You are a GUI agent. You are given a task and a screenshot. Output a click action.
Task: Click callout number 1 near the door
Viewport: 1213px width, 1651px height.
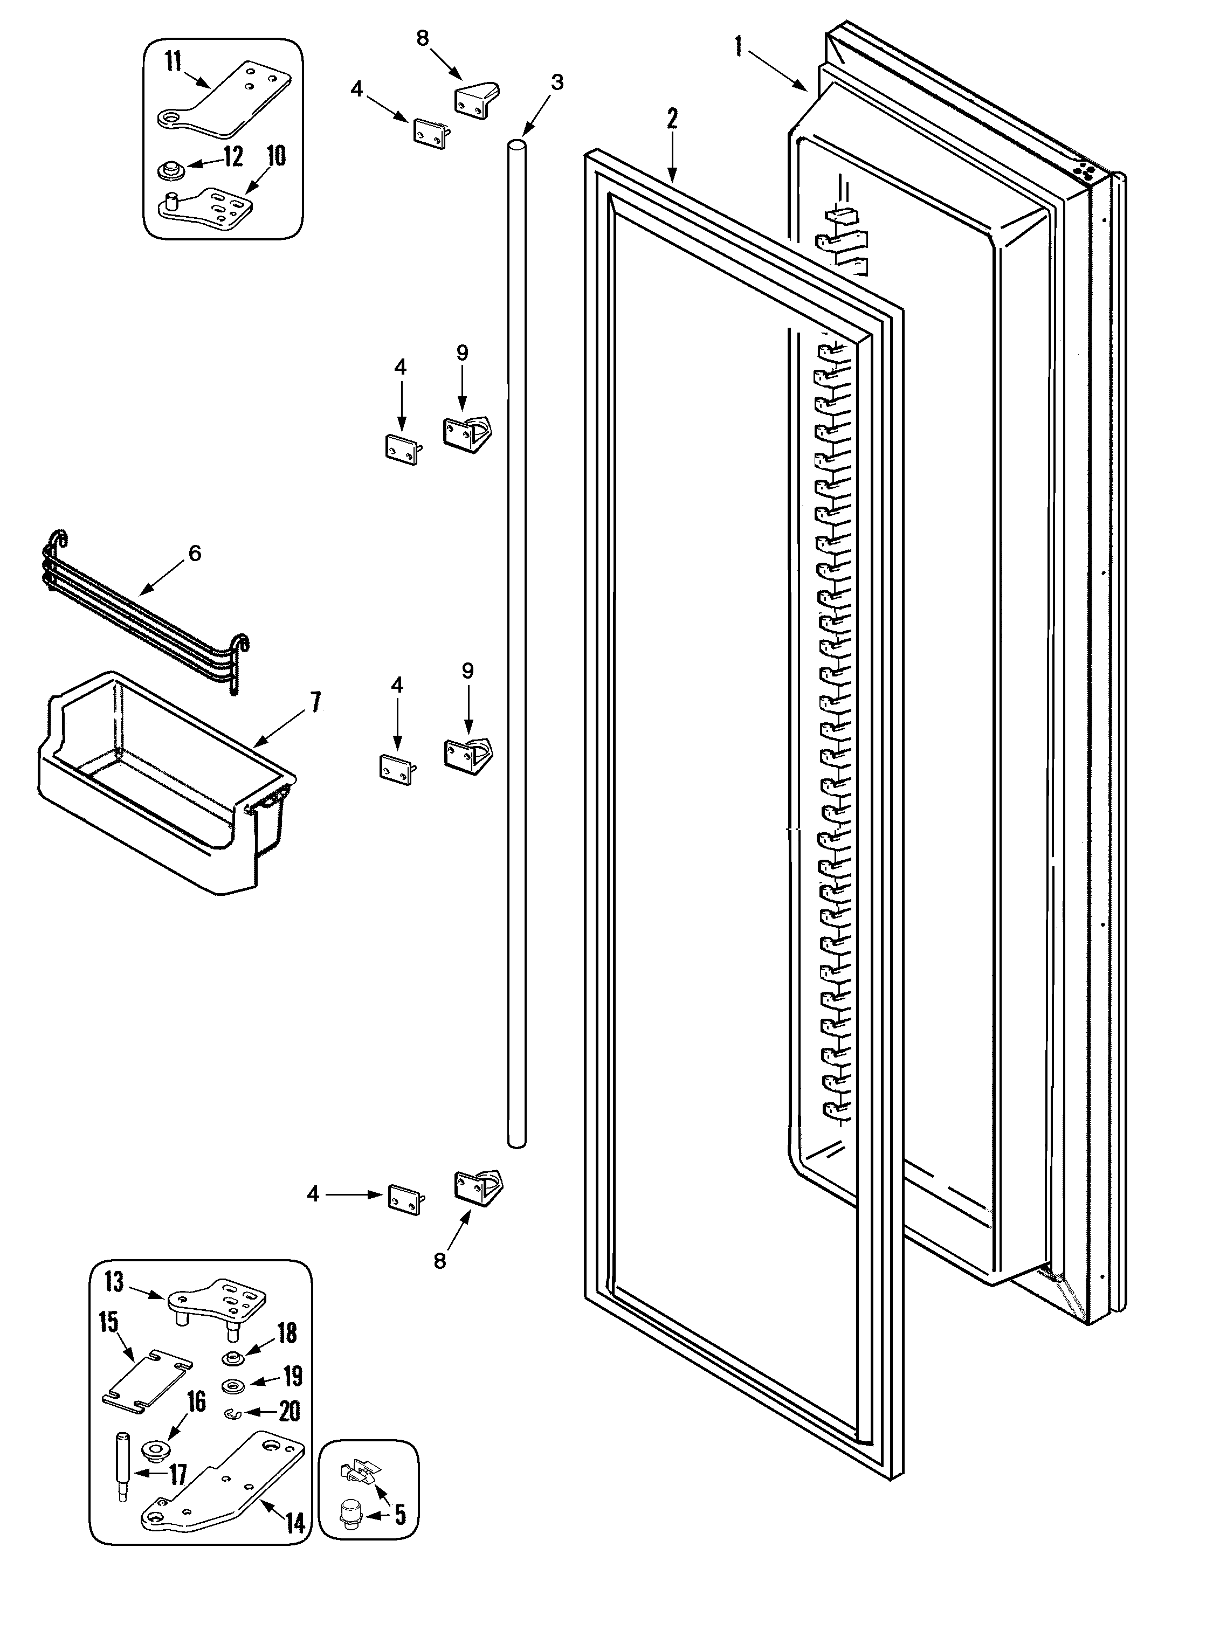tap(738, 47)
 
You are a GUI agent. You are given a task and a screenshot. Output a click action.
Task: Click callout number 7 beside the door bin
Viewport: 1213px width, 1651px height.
tap(316, 702)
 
